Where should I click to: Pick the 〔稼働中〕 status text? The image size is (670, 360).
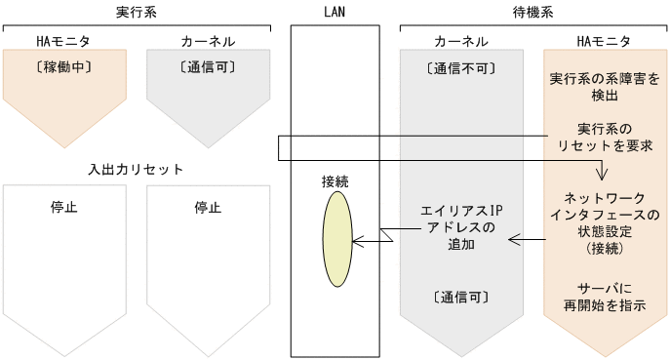tap(64, 67)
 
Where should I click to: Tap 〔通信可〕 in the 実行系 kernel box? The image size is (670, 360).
tap(207, 67)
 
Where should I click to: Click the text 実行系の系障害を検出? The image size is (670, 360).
tap(605, 86)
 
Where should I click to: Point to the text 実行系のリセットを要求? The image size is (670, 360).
tap(605, 137)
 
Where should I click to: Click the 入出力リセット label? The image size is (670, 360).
tap(136, 170)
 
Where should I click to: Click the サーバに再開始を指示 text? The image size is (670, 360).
tap(605, 297)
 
